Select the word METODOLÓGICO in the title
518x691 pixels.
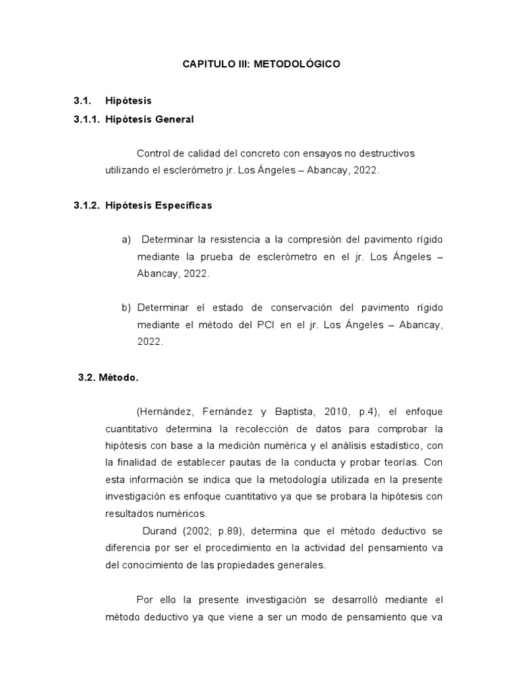(297, 65)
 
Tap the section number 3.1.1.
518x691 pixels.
(87, 119)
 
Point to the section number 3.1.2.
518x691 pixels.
(87, 205)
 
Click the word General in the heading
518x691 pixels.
(175, 119)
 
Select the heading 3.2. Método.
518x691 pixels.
(108, 378)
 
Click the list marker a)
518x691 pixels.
(126, 240)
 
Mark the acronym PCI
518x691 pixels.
(264, 325)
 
